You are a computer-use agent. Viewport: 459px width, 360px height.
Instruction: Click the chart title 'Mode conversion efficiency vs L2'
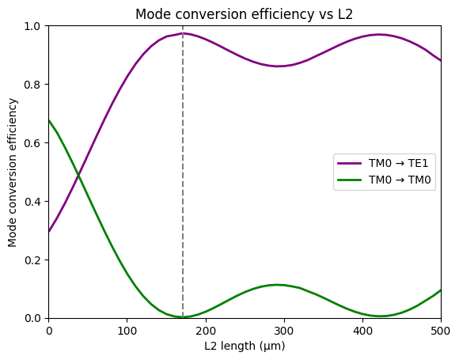pyautogui.click(x=245, y=14)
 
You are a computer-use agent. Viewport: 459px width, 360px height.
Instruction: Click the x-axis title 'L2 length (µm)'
pyautogui.click(x=245, y=346)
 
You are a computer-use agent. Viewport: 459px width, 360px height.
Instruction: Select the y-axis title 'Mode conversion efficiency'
pyautogui.click(x=13, y=172)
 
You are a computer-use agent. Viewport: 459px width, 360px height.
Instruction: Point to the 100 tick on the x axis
pyautogui.click(x=127, y=330)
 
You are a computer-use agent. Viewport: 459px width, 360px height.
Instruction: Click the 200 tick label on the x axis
pyautogui.click(x=206, y=330)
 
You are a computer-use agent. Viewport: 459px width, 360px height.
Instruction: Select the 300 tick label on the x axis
pyautogui.click(x=284, y=330)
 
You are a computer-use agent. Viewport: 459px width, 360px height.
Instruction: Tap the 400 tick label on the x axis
pyautogui.click(x=362, y=330)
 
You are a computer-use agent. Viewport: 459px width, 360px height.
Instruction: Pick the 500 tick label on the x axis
pyautogui.click(x=440, y=330)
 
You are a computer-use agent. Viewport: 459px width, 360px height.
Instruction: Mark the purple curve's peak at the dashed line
pyautogui.click(x=183, y=33)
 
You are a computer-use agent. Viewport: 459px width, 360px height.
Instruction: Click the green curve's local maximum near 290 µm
pyautogui.click(x=276, y=285)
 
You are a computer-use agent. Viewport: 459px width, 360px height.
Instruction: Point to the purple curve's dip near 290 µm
pyautogui.click(x=278, y=66)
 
